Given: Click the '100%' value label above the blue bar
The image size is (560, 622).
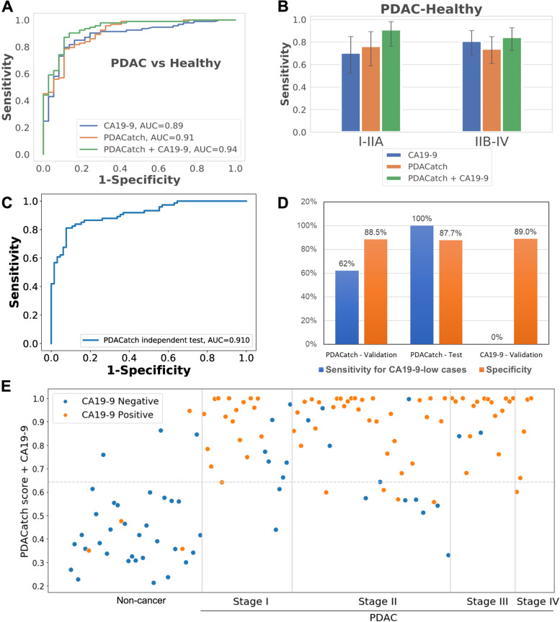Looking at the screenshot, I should pos(422,217).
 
